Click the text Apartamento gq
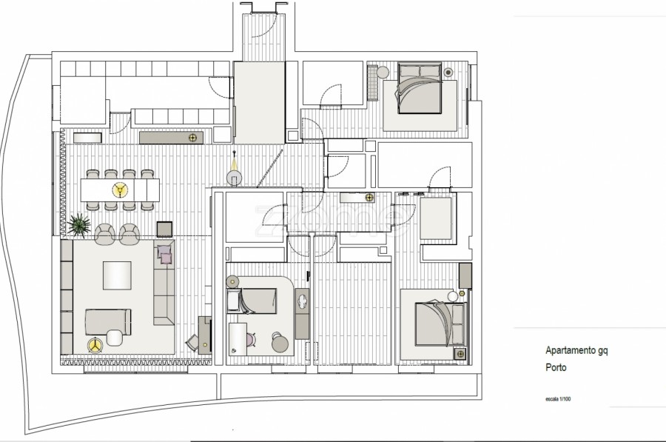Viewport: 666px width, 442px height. pos(576,351)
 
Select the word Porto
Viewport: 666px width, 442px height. pos(556,367)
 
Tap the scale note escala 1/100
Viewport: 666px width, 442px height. pos(558,399)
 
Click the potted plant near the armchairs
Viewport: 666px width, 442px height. pos(79,225)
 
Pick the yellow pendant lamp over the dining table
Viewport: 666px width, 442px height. pos(120,190)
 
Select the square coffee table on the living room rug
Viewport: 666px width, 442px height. pos(117,275)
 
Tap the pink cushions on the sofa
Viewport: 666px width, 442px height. pos(165,254)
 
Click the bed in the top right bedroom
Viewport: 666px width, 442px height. pos(420,88)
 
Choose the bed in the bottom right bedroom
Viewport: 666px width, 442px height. pos(440,324)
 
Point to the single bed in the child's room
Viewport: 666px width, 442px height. pos(252,301)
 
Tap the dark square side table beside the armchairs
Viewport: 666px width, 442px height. pos(164,230)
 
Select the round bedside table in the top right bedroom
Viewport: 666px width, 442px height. pos(383,73)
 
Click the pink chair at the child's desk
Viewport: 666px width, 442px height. pos(250,340)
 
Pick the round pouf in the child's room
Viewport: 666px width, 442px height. pos(280,343)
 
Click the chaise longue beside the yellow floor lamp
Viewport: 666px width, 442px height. pos(108,322)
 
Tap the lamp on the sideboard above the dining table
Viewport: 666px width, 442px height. pos(192,137)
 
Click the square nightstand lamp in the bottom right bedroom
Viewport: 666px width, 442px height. pos(460,353)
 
